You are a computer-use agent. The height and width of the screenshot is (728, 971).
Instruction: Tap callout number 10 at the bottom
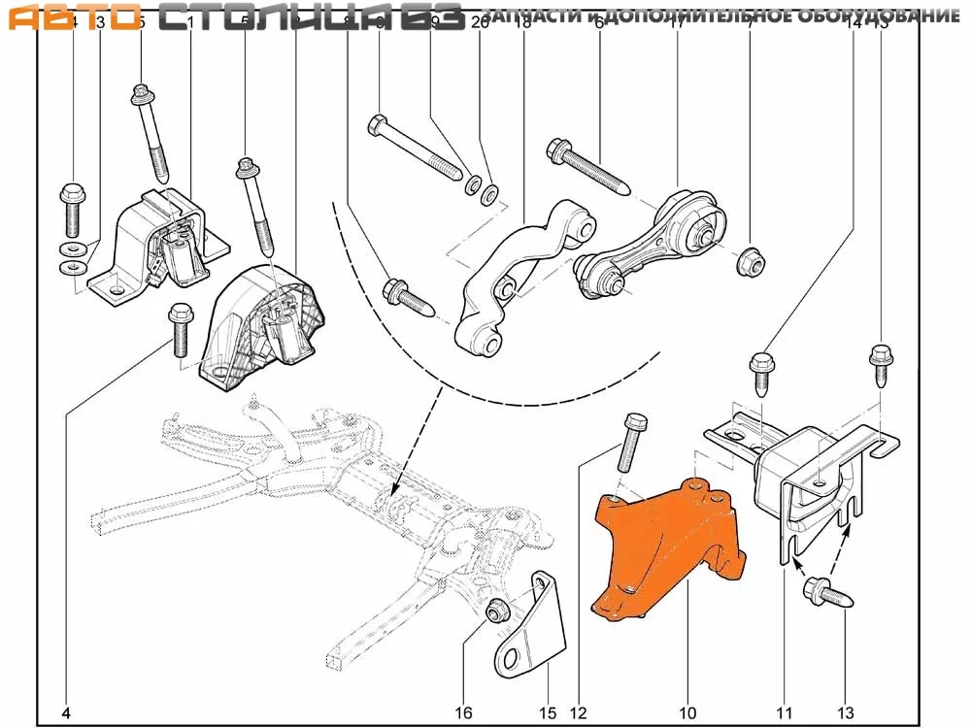point(687,713)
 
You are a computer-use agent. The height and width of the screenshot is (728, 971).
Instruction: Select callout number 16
point(464,713)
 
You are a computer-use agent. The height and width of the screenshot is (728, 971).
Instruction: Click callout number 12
point(579,713)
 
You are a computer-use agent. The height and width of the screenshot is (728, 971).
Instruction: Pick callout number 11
point(787,713)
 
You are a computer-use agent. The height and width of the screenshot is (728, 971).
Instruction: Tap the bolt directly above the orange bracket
point(631,447)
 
